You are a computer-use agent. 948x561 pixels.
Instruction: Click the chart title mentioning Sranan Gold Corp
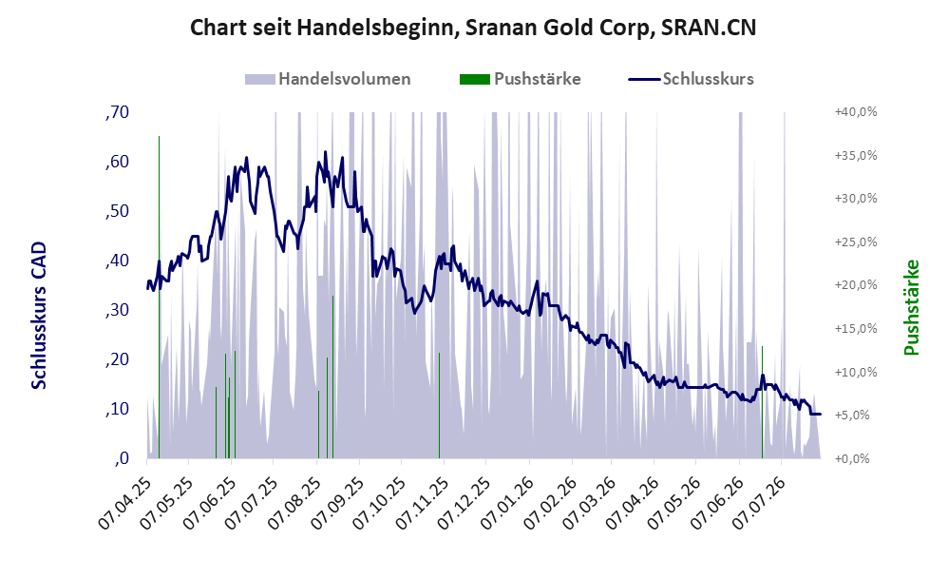473,28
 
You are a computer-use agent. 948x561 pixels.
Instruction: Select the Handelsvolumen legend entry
328,79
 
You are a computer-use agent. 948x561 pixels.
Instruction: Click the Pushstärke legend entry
520,79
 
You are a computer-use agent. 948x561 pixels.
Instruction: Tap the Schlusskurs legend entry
691,79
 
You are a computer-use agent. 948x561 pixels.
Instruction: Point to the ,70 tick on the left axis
117,112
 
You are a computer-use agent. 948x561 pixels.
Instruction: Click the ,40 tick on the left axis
117,261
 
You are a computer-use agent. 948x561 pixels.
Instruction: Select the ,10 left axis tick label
117,409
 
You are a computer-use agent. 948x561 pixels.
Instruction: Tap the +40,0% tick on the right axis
856,112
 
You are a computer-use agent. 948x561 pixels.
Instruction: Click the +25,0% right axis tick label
856,242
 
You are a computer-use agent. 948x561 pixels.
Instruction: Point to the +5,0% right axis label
856,416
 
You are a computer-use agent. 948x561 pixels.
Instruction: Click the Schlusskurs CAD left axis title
39,316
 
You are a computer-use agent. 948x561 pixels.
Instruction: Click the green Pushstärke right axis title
911,307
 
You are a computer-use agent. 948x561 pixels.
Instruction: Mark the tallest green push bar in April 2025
159,298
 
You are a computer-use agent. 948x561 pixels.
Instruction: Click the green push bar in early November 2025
440,405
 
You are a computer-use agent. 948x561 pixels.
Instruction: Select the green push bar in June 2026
762,402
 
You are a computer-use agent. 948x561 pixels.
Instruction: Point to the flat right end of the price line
816,414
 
